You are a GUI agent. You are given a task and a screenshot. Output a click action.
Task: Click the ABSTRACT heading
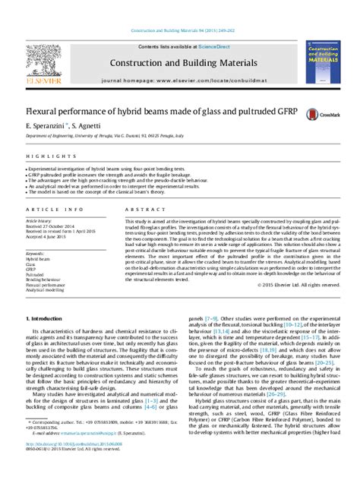(139, 207)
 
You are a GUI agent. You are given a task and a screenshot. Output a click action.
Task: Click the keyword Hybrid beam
(38, 259)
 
